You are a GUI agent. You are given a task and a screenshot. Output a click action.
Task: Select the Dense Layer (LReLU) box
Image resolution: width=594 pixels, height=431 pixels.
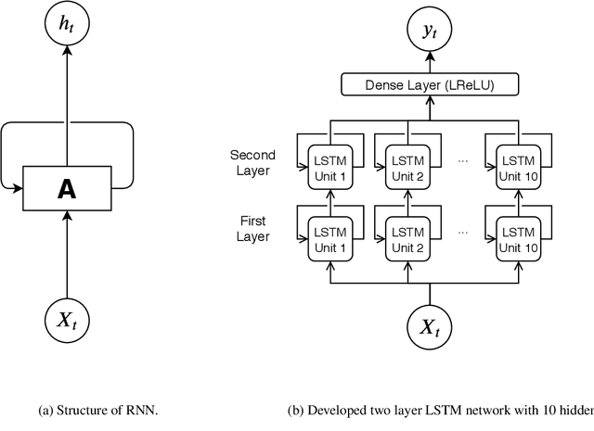(430, 86)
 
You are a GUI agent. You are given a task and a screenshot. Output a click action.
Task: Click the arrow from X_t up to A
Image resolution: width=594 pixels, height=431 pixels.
(66, 255)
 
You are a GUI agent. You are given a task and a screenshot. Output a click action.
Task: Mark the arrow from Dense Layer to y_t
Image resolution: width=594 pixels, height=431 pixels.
(430, 60)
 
